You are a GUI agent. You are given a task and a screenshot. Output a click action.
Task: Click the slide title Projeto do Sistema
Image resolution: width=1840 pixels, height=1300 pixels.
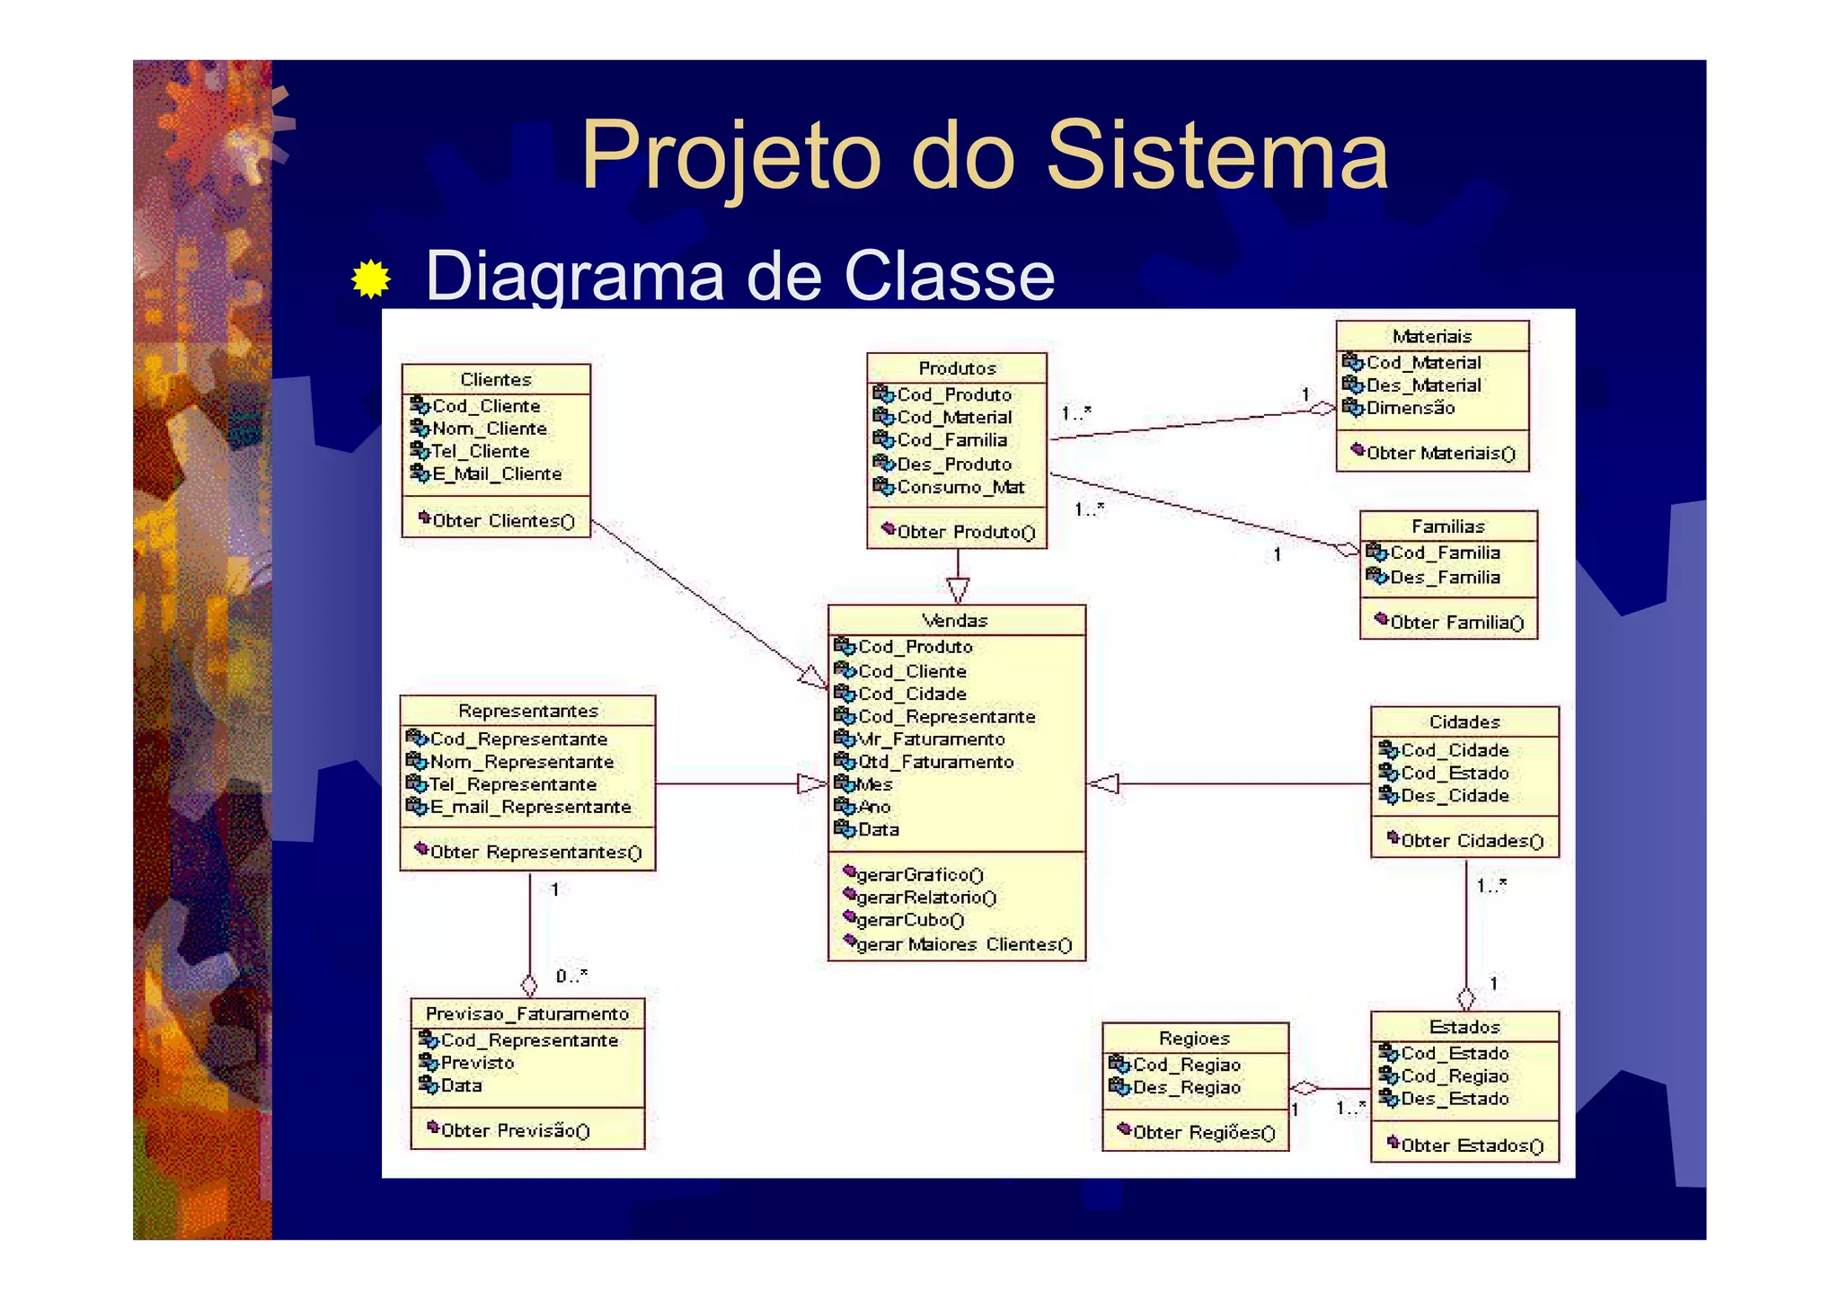(984, 155)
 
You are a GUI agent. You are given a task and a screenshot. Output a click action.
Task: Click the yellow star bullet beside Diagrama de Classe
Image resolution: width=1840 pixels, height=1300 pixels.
(371, 279)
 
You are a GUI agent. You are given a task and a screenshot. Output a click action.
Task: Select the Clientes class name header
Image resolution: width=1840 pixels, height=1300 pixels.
(496, 379)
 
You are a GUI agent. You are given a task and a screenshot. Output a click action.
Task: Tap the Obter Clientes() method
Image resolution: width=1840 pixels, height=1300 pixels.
(502, 521)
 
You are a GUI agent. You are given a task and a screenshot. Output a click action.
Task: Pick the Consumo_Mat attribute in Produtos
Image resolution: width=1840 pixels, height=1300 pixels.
(960, 488)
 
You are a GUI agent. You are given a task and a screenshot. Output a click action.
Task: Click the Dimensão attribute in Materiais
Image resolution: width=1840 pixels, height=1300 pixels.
(1410, 409)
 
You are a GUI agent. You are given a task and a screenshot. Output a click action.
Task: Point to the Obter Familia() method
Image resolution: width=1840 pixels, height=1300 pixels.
(1455, 623)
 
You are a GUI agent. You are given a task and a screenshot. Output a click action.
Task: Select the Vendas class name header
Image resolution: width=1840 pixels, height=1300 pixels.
(955, 621)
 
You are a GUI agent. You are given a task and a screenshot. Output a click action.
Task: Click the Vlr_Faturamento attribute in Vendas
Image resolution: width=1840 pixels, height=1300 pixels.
(931, 739)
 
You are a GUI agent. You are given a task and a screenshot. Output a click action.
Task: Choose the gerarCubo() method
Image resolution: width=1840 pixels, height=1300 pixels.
(909, 921)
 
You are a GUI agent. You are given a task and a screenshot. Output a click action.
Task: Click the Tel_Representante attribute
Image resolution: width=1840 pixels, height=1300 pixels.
(513, 785)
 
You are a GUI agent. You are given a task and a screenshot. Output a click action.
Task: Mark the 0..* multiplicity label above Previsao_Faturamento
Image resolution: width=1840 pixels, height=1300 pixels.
(571, 977)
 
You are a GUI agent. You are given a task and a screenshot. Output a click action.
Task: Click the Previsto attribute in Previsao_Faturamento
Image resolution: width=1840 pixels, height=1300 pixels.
(477, 1064)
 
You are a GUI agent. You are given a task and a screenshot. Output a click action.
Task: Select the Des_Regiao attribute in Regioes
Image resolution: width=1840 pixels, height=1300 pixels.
(1186, 1088)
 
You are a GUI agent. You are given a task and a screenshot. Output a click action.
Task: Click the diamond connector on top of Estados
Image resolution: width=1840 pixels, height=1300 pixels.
(1466, 998)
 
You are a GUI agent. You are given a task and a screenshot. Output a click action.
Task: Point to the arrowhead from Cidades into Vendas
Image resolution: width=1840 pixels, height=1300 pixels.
(1104, 784)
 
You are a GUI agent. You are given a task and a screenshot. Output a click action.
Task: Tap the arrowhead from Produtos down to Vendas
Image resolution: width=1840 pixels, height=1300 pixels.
(958, 590)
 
